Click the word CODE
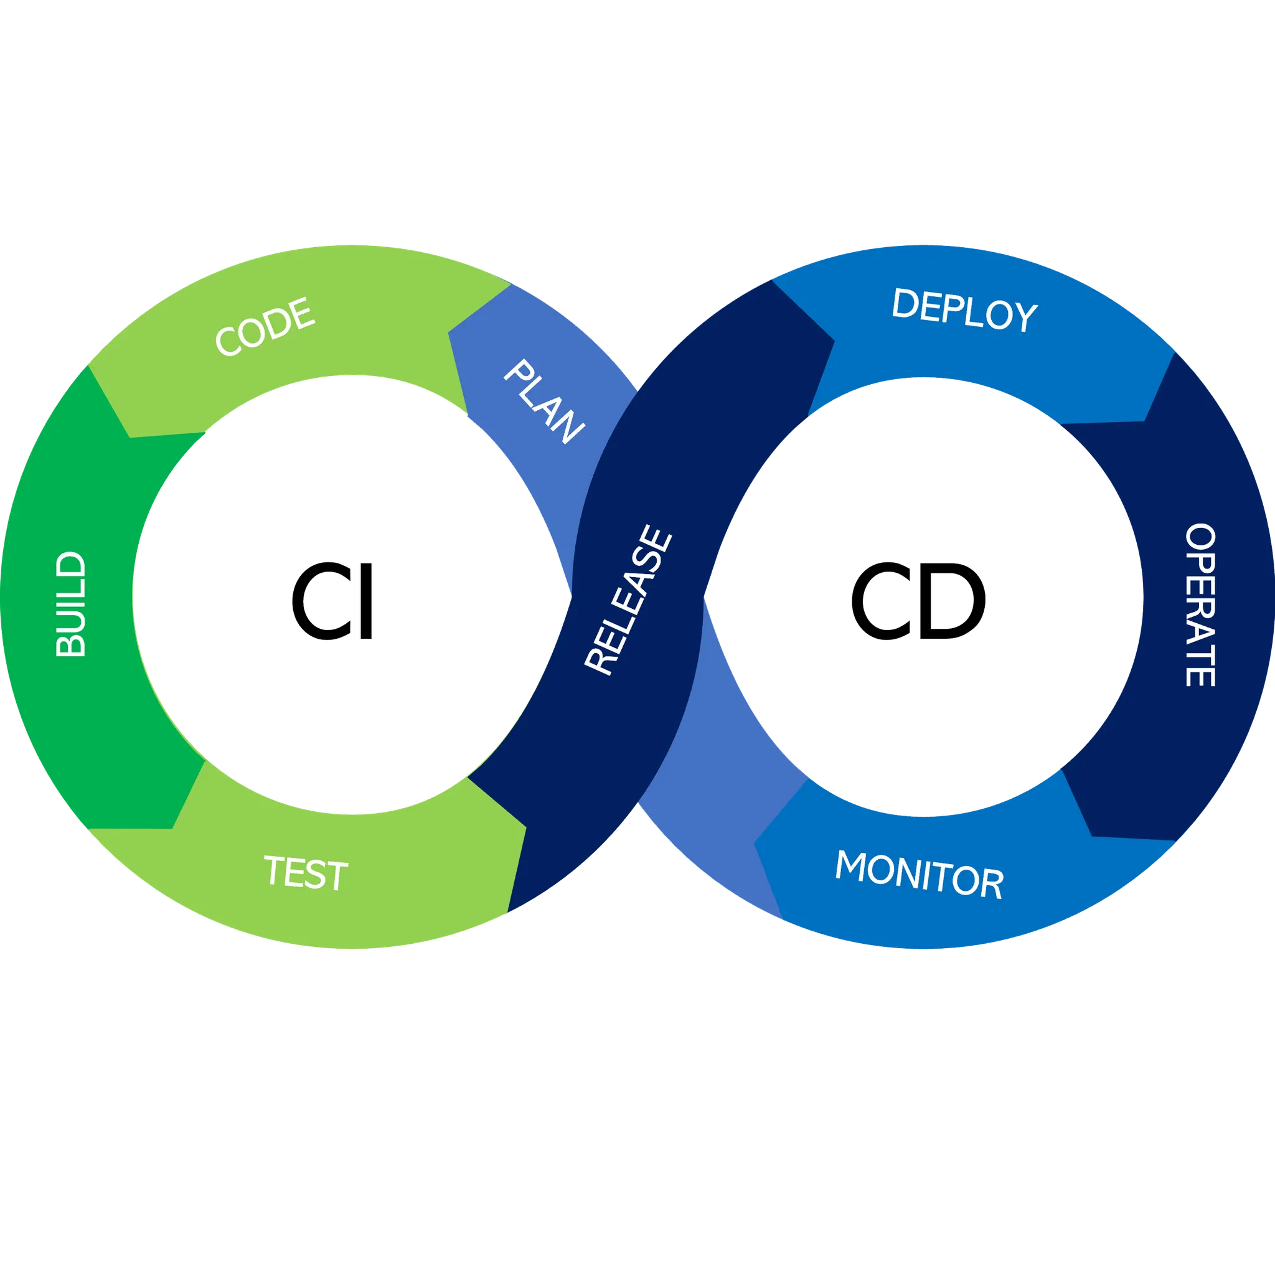point(265,327)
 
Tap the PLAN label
point(543,402)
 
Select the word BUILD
point(70,605)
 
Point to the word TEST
point(306,872)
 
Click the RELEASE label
point(628,600)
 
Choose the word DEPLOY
point(964,310)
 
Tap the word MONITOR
point(919,875)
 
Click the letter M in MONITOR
point(851,865)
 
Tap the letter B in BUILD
point(70,645)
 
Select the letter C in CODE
point(228,343)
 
